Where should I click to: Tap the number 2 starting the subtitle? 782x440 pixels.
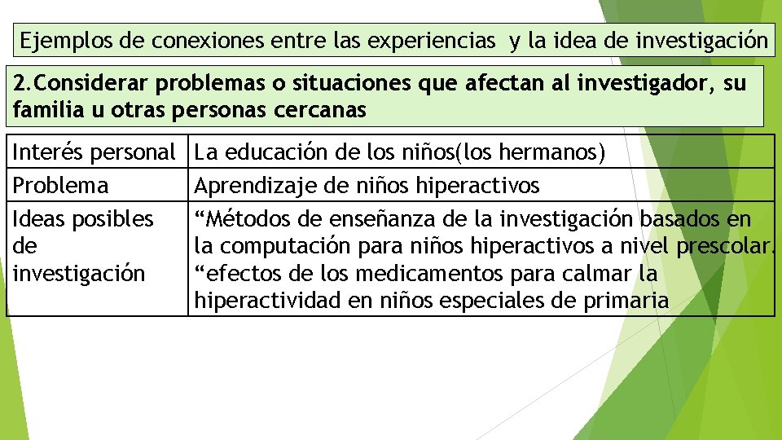point(20,84)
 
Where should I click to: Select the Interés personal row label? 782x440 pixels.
point(94,152)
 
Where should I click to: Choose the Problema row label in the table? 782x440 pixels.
point(59,186)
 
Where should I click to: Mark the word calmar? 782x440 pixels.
point(586,273)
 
